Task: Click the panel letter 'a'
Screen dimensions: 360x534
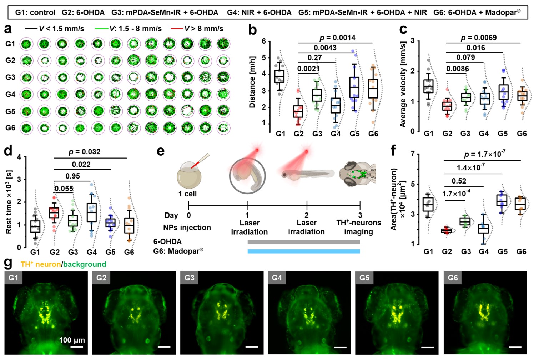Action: (x=7, y=29)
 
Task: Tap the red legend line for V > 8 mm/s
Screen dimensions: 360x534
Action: (x=177, y=29)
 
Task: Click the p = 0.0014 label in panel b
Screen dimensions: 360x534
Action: (x=337, y=37)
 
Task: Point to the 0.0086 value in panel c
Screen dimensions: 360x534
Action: (x=458, y=69)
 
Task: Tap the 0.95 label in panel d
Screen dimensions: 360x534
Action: (x=73, y=176)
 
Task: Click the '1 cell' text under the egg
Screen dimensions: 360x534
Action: (x=187, y=194)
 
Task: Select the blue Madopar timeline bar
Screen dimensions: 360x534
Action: (x=303, y=251)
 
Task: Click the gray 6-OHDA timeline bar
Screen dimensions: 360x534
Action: (x=303, y=242)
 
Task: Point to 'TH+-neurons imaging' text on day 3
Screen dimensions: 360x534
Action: (x=358, y=227)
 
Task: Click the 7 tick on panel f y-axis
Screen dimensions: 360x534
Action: (x=413, y=154)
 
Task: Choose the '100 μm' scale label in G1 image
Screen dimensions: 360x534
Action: (x=72, y=340)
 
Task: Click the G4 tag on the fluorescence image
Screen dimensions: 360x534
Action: (x=277, y=277)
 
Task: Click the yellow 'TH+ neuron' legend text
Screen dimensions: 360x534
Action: (x=40, y=264)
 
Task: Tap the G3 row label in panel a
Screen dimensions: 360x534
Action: (x=10, y=77)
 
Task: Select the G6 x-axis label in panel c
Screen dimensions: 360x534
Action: (x=522, y=134)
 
